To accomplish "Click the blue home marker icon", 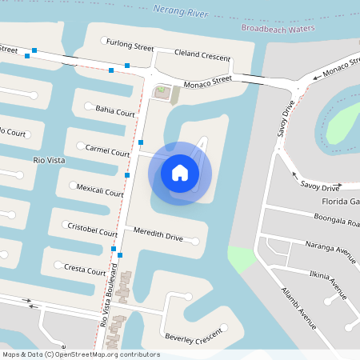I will click(x=180, y=172).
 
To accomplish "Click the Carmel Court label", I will click(x=107, y=150).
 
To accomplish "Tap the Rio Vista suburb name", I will click(x=48, y=161).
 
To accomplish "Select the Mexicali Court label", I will click(x=100, y=193).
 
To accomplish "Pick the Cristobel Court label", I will click(x=93, y=229).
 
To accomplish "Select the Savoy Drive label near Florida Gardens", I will click(x=320, y=186).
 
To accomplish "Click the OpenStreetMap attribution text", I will click(x=81, y=354).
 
